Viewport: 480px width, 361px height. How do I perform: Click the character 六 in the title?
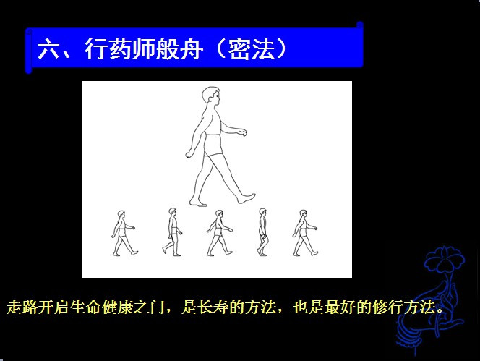48,49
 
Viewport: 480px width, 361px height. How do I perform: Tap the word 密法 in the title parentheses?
251,49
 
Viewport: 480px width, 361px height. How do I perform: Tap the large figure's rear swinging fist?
189,154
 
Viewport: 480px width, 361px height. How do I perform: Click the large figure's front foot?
246,198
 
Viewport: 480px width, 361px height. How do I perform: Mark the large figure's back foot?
198,203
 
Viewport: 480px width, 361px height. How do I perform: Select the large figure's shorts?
213,145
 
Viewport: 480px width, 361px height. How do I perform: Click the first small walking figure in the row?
124,233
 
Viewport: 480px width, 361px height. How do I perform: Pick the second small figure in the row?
172,232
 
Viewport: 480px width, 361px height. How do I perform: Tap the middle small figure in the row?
219,233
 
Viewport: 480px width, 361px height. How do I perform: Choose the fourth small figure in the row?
262,232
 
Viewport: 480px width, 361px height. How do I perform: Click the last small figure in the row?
305,233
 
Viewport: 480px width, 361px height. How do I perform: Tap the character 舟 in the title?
192,49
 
